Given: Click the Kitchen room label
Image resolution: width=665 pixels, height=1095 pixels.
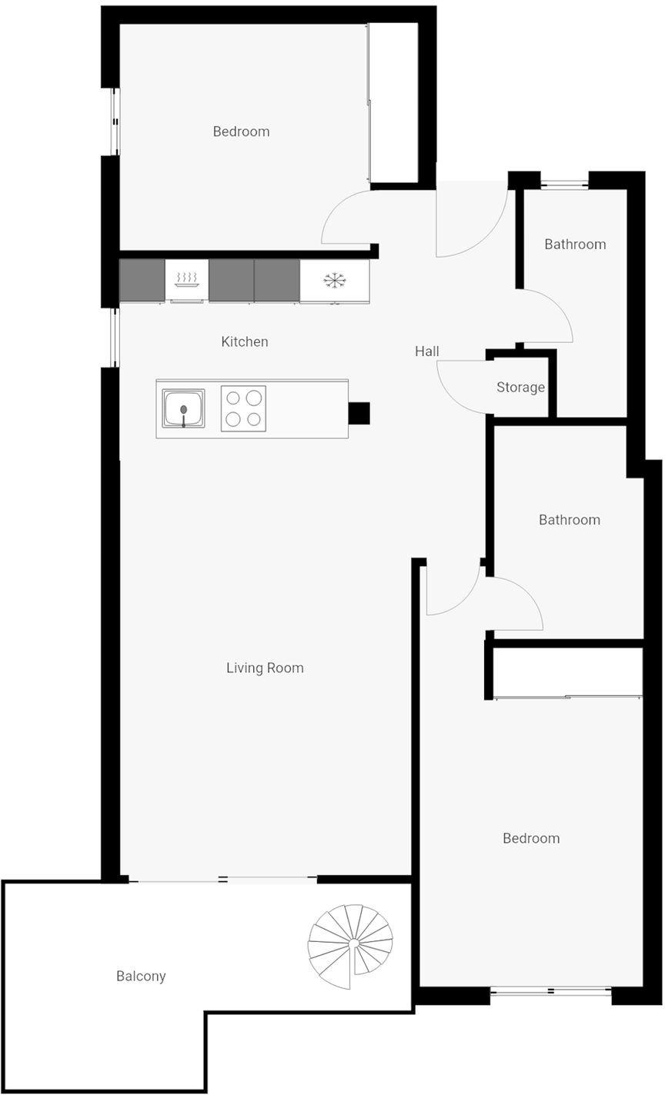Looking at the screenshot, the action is [x=245, y=341].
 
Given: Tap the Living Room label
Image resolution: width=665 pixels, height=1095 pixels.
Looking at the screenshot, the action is [x=265, y=668].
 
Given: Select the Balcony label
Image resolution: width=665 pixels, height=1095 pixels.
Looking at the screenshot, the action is [x=141, y=977].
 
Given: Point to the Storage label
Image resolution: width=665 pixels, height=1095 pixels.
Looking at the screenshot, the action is [x=520, y=388].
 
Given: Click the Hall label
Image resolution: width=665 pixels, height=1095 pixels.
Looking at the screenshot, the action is [x=426, y=351].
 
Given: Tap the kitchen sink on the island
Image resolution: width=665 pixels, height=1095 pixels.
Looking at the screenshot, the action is [x=183, y=408].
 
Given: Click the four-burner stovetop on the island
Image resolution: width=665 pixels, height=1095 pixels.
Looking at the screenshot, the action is [x=243, y=408].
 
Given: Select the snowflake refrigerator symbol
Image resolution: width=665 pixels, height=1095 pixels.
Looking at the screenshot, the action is [x=335, y=280].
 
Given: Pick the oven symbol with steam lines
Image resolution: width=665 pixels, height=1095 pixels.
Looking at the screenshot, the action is [x=186, y=280].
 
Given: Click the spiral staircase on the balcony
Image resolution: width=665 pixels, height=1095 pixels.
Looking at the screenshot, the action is [x=350, y=947].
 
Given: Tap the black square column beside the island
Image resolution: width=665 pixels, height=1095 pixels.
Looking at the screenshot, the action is [x=359, y=413].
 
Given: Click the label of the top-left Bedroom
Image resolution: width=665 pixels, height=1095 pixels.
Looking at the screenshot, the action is [x=241, y=131].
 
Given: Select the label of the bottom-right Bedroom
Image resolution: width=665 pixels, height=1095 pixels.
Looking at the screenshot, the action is [x=531, y=838].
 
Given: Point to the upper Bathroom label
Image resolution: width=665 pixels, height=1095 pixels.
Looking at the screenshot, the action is [x=575, y=244].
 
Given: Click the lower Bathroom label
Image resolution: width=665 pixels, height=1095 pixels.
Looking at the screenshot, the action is [x=570, y=520].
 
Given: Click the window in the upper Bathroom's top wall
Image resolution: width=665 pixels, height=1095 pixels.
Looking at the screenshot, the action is [x=564, y=185].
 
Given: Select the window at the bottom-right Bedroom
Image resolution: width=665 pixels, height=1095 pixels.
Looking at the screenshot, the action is [x=551, y=991].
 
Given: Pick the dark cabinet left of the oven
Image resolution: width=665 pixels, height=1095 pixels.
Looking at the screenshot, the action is [x=142, y=280].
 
